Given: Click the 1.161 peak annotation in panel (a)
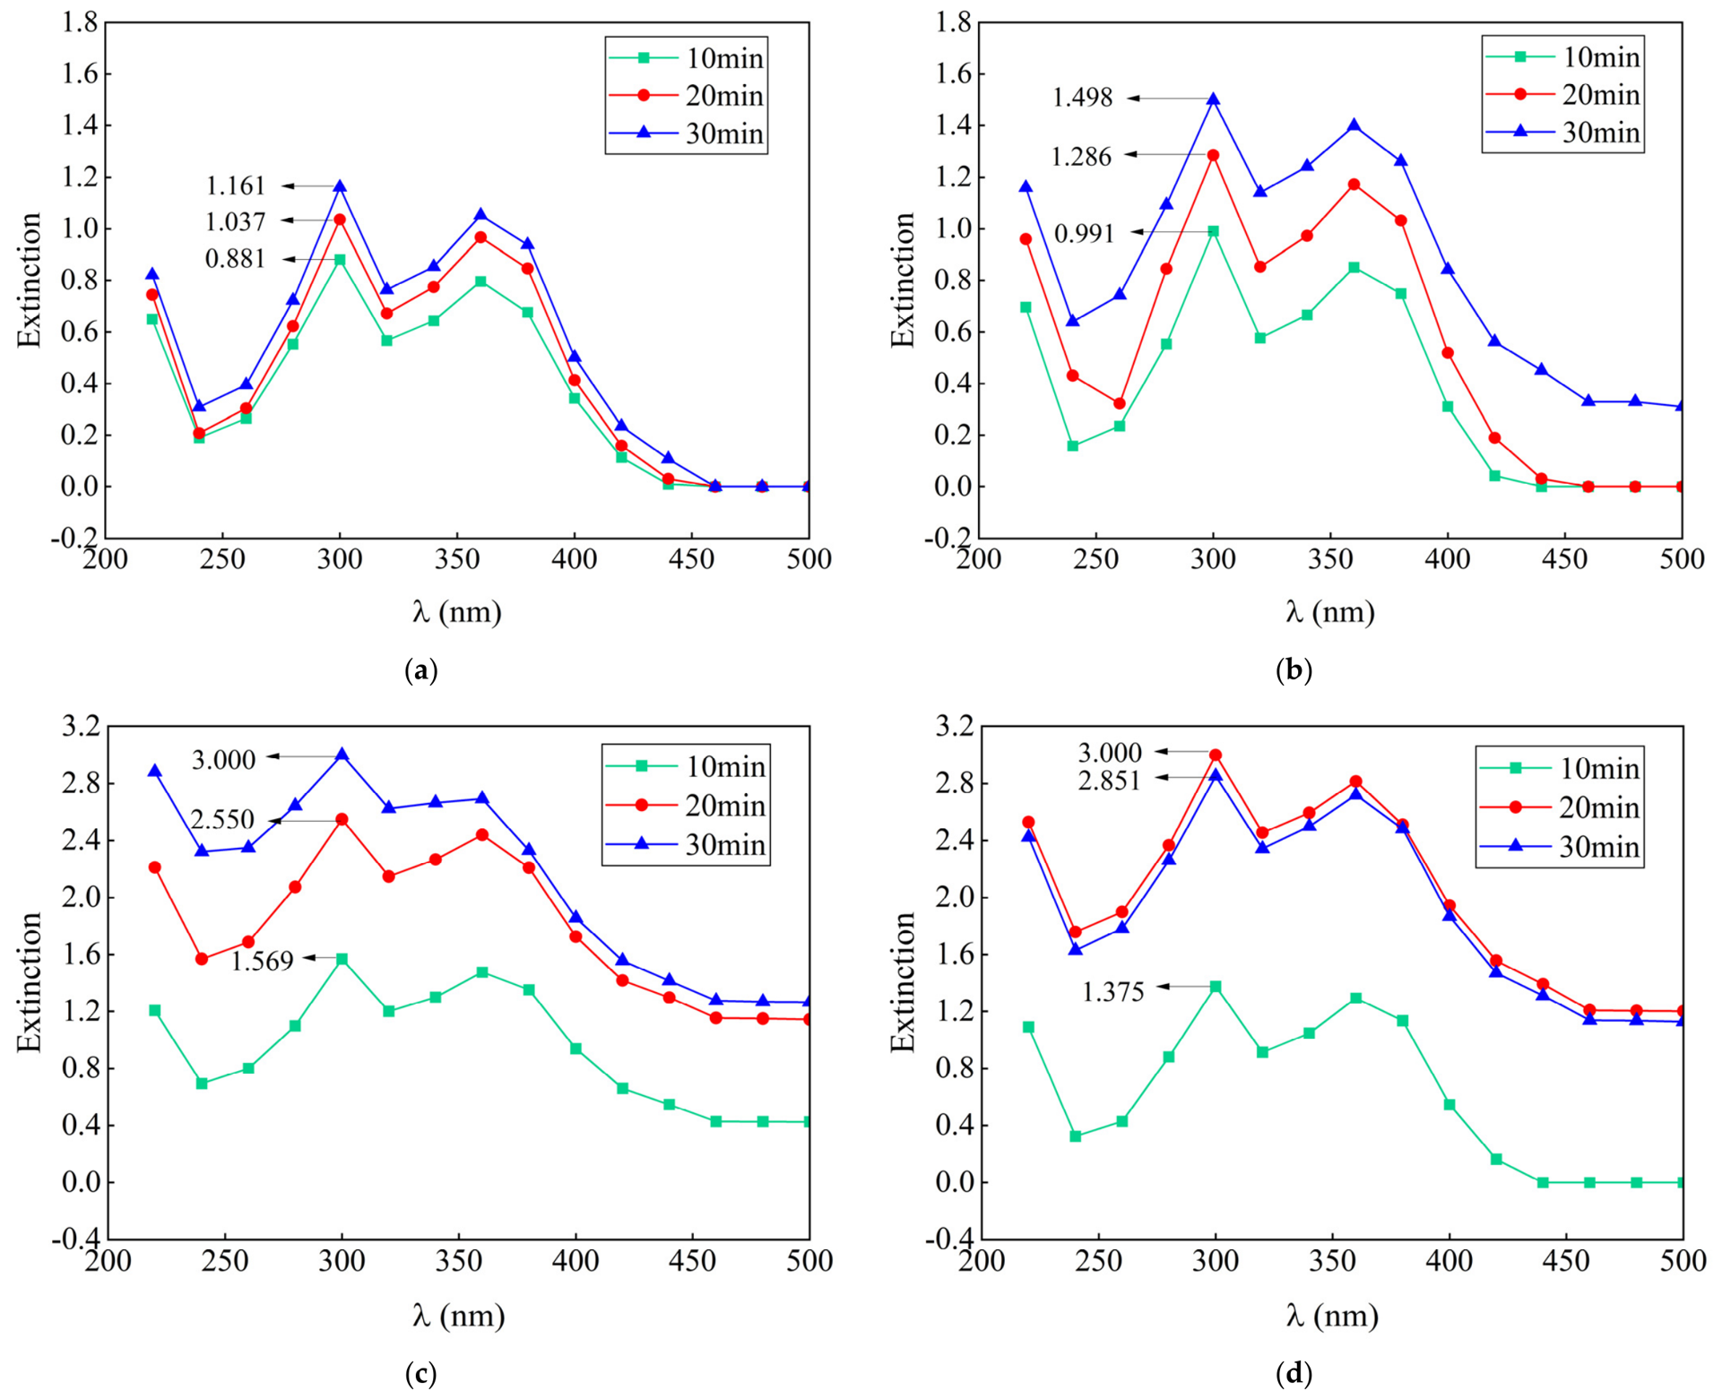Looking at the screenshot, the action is (x=236, y=186).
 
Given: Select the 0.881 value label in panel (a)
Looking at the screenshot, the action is (x=236, y=259).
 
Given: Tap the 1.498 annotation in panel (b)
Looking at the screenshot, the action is (x=1082, y=98).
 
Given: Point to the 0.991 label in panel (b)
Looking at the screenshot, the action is (x=1084, y=234).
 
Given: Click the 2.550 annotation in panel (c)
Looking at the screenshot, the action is (x=222, y=820).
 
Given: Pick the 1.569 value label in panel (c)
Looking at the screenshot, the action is (x=263, y=961).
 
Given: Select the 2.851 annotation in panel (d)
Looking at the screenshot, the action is (x=1110, y=781).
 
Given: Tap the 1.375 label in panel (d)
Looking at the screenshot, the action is (x=1113, y=992).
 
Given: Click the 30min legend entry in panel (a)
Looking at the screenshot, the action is (x=688, y=134).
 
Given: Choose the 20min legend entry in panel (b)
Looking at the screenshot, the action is (x=1563, y=94).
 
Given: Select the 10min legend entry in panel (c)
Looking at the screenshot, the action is (x=687, y=766).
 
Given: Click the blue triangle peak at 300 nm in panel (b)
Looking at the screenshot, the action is (x=1214, y=99).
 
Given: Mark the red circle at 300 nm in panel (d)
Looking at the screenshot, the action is (x=1216, y=756).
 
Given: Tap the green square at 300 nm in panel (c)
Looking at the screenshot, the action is (x=342, y=959).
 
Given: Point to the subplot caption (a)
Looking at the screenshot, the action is (x=421, y=670).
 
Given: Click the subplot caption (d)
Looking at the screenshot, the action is (x=1294, y=1374).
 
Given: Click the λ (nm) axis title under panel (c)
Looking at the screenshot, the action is (x=458, y=1316).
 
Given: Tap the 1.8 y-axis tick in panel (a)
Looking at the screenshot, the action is (x=80, y=22).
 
